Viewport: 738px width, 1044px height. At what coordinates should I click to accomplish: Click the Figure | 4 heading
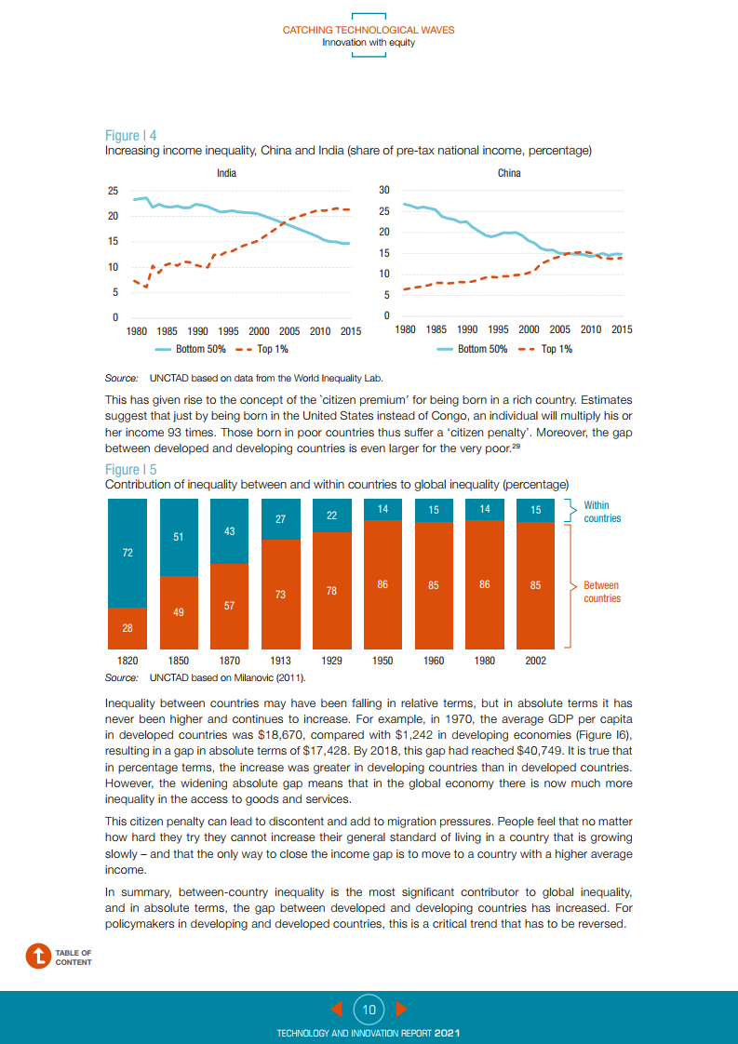pos(130,136)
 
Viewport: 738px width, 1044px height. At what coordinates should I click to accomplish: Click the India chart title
pos(226,173)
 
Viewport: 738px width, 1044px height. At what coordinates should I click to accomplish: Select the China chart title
pos(509,173)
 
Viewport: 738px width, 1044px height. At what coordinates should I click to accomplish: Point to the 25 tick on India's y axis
pos(113,191)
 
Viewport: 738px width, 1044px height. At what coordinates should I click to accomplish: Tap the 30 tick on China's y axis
pos(383,190)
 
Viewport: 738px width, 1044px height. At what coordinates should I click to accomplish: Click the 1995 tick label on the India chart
pos(227,330)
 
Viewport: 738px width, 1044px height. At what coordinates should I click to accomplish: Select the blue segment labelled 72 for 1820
pos(127,553)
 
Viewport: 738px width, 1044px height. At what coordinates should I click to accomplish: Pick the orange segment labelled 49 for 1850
pos(178,611)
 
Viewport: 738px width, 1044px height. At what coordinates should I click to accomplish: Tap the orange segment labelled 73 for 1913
pos(279,594)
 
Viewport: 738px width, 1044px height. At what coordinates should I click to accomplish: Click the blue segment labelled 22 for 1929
pos(330,515)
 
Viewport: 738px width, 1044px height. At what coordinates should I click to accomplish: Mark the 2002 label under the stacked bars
pos(535,661)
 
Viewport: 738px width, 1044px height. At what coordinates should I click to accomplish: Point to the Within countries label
pos(601,512)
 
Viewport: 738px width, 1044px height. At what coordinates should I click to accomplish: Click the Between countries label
pos(601,592)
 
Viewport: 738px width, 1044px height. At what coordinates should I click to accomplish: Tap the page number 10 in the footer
pos(369,1009)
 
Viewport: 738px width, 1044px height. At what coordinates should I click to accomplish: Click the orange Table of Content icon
pos(39,956)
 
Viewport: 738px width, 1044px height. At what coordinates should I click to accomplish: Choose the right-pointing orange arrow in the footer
pos(401,1009)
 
